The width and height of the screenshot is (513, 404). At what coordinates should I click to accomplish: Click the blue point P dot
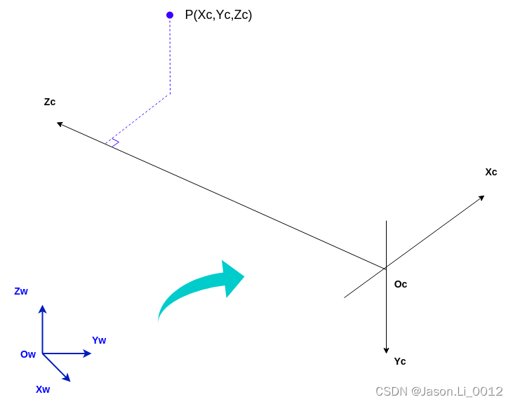click(x=170, y=15)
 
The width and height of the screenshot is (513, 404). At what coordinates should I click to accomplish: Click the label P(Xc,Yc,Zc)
click(x=218, y=15)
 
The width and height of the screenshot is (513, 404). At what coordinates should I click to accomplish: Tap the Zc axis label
click(x=50, y=102)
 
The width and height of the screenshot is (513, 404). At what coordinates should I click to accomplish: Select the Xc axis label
click(x=491, y=172)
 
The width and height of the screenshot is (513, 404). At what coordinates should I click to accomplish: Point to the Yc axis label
click(x=400, y=361)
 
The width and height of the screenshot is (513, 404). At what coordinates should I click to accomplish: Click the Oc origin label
click(x=401, y=284)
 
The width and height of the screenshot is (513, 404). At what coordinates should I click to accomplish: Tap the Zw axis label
click(x=21, y=291)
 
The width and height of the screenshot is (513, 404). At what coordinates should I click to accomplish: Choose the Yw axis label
click(x=99, y=340)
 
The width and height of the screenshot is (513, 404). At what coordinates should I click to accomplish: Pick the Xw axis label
click(x=43, y=389)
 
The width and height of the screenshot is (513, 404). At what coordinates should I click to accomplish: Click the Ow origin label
click(x=28, y=354)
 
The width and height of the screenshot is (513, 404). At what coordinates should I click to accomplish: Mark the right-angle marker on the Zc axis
click(x=113, y=143)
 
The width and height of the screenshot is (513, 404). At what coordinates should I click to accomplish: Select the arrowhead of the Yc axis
click(x=386, y=349)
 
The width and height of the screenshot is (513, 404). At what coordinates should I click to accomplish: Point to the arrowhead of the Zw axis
click(x=42, y=309)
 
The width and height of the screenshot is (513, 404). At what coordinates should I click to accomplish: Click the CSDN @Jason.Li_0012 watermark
click(x=439, y=391)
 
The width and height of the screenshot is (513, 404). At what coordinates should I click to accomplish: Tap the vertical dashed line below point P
click(x=170, y=56)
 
